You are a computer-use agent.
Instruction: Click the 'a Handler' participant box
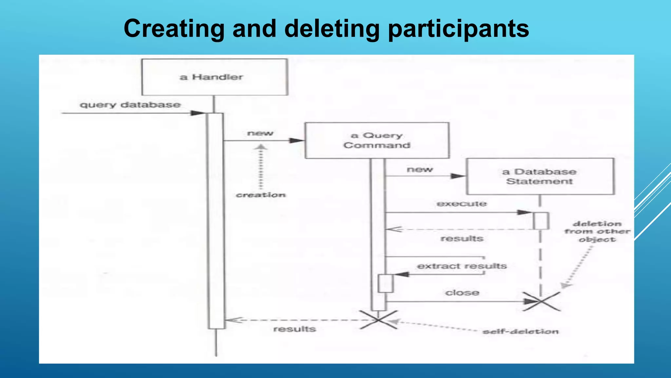(215, 77)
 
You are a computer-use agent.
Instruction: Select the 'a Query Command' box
(377, 140)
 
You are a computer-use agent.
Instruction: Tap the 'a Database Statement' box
(540, 177)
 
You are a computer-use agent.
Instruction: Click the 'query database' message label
(130, 105)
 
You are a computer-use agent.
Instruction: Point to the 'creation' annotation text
(261, 195)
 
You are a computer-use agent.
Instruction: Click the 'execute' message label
(462, 204)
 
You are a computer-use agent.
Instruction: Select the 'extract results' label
(462, 266)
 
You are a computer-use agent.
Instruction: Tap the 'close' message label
(462, 292)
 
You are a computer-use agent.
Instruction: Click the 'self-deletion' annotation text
(521, 332)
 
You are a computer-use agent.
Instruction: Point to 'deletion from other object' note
(597, 232)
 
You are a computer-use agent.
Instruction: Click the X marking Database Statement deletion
(541, 301)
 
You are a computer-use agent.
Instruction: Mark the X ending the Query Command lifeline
(378, 320)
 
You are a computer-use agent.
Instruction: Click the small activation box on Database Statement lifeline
(541, 221)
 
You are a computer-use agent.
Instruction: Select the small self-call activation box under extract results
(385, 283)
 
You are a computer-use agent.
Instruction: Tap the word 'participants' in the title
(458, 29)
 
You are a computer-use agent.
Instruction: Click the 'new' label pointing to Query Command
(260, 133)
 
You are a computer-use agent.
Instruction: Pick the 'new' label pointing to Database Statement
(420, 170)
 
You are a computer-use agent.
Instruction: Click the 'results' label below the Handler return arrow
(294, 329)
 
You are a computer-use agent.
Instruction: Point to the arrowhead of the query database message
(198, 113)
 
